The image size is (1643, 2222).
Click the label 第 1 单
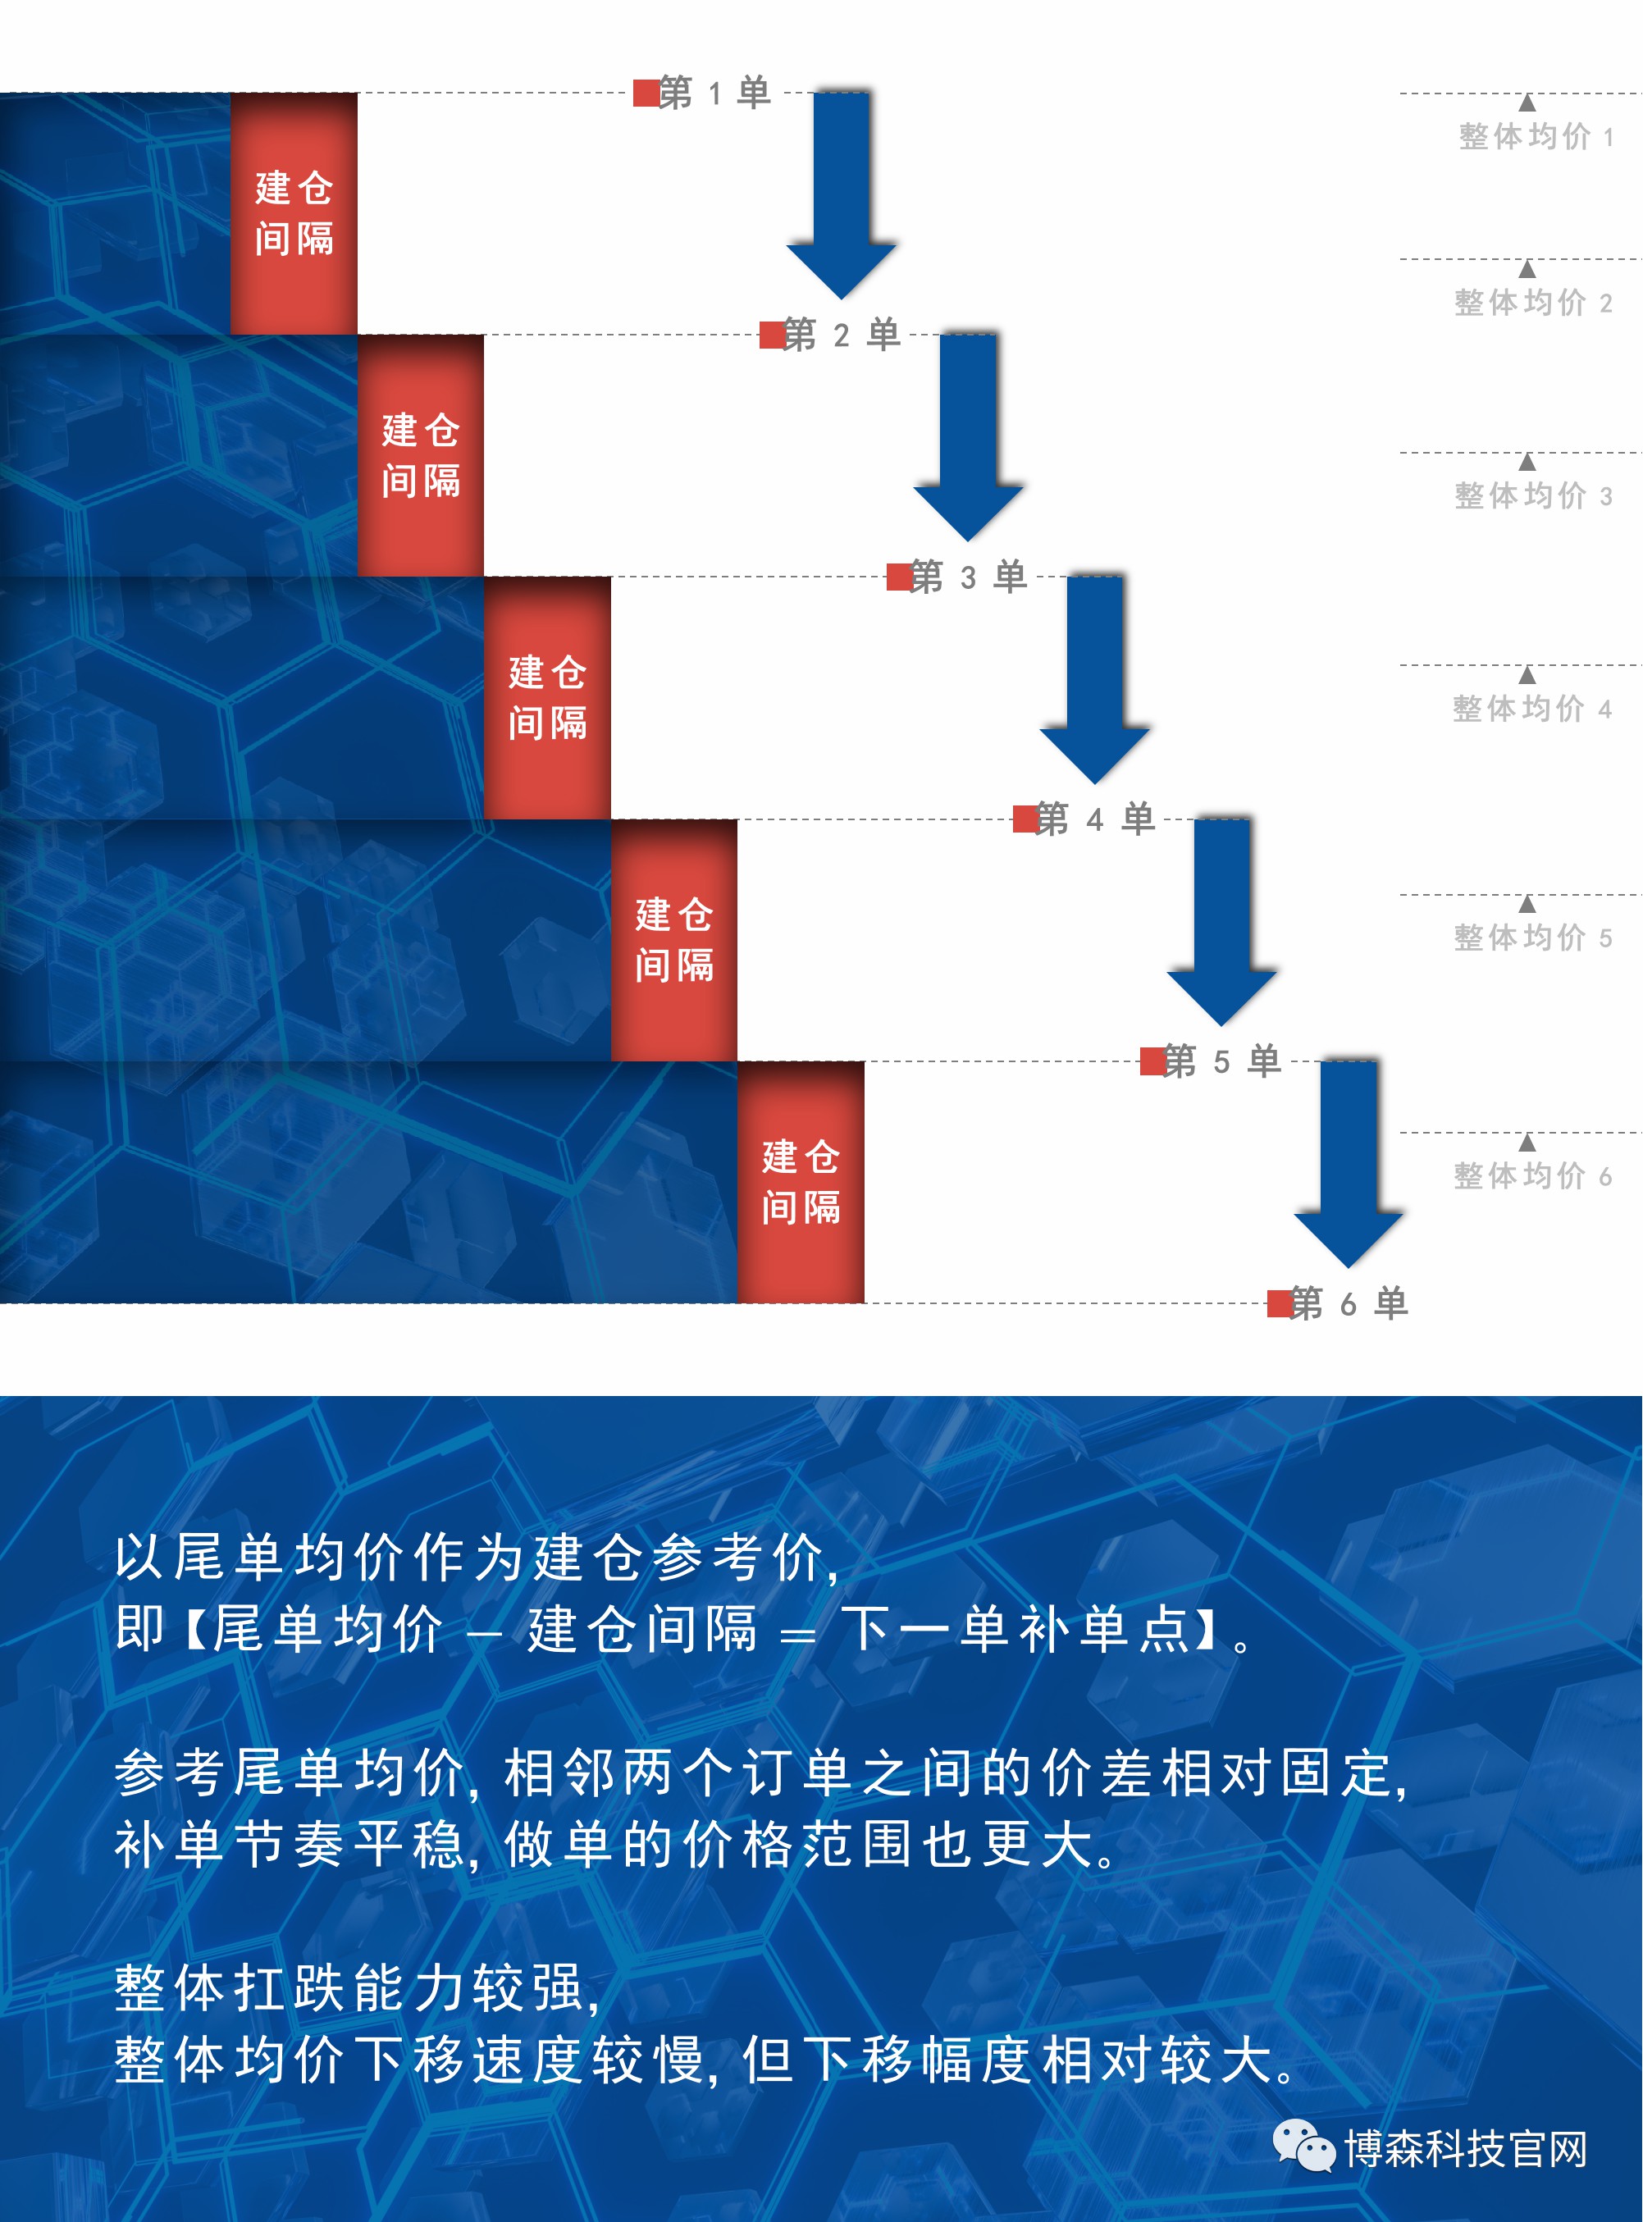coord(714,93)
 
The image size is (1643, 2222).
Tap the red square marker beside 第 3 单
coord(899,577)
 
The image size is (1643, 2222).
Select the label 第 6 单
coord(1349,1303)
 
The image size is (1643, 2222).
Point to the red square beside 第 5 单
coord(1152,1061)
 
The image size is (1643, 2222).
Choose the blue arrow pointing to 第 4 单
coord(1095,679)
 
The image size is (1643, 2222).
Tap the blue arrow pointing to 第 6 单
coord(1349,1164)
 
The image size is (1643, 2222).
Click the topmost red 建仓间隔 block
coord(294,214)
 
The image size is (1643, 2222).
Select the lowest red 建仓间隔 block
coord(801,1182)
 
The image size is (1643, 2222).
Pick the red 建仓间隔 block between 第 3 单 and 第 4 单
coord(547,698)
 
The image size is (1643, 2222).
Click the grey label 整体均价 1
coord(1536,136)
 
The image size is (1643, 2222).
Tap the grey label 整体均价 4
coord(1531,708)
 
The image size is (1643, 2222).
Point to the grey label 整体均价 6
coord(1532,1175)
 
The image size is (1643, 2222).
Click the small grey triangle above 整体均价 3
coord(1527,463)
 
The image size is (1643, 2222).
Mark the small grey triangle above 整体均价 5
coord(1527,904)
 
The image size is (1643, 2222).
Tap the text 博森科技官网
coord(1466,2148)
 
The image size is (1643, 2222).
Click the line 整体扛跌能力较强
coord(357,1988)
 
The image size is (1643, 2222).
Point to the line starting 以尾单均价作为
coord(477,1558)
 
